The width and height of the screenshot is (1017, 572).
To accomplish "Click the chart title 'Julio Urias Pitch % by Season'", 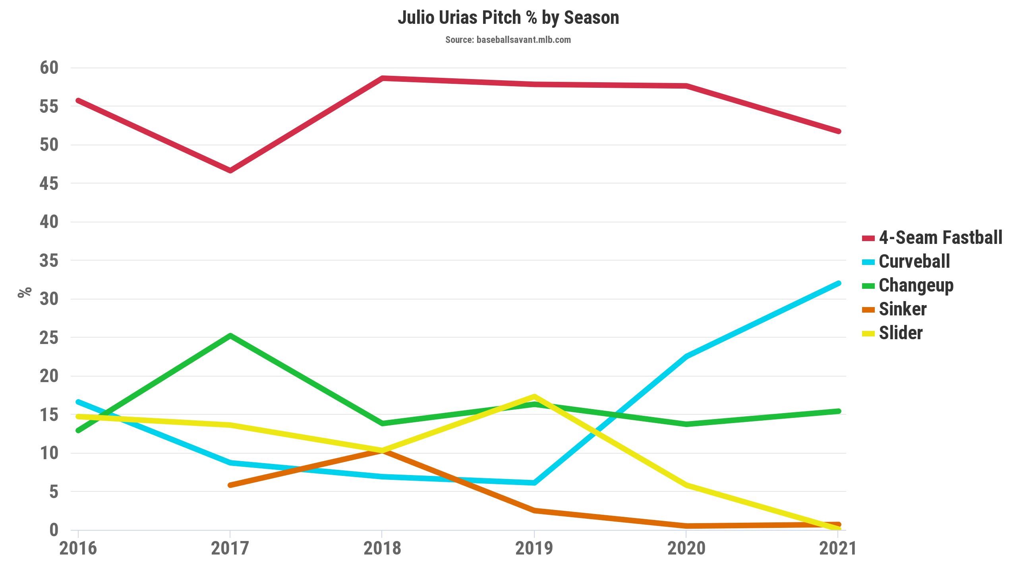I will (508, 18).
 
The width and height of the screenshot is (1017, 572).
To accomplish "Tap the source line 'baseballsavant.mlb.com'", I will (508, 40).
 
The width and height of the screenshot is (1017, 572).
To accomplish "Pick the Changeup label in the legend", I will (916, 285).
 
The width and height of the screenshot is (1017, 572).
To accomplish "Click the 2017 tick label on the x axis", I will (230, 549).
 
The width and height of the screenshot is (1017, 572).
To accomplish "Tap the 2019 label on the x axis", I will (534, 549).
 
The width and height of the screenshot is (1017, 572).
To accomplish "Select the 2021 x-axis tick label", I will (837, 549).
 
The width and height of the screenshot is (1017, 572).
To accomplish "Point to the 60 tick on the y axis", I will (49, 68).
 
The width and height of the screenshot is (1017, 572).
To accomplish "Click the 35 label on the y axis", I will (49, 261).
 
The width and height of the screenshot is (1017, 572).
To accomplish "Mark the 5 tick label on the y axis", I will (54, 492).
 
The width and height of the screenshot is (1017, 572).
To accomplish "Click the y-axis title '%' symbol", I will (25, 292).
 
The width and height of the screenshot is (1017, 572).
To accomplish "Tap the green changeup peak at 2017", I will (230, 336).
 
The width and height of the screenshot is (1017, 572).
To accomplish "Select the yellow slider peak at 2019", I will (534, 396).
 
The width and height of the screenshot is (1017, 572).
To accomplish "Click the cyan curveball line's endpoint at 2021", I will (838, 283).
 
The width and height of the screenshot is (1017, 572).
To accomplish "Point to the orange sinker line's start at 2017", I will (230, 485).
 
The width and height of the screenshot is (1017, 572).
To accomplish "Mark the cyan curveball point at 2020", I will (686, 356).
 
